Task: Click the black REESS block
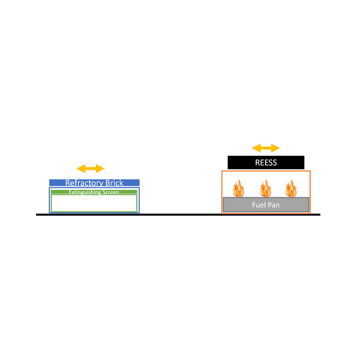(x=266, y=163)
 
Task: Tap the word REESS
(x=266, y=163)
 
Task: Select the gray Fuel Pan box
(x=266, y=204)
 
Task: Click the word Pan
(x=274, y=205)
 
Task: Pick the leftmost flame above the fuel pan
(x=239, y=188)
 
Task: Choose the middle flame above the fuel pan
(x=266, y=188)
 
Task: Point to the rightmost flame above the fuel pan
(x=291, y=188)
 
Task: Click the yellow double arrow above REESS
(x=266, y=148)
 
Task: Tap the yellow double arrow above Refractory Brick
(x=90, y=168)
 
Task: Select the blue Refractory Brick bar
(x=94, y=183)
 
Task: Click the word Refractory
(x=84, y=183)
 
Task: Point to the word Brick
(x=114, y=183)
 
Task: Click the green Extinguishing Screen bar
(x=94, y=192)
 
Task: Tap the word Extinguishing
(x=85, y=192)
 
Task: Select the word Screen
(x=111, y=192)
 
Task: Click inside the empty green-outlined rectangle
(x=94, y=203)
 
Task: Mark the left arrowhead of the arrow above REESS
(x=256, y=148)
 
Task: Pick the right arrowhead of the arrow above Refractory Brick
(x=100, y=168)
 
